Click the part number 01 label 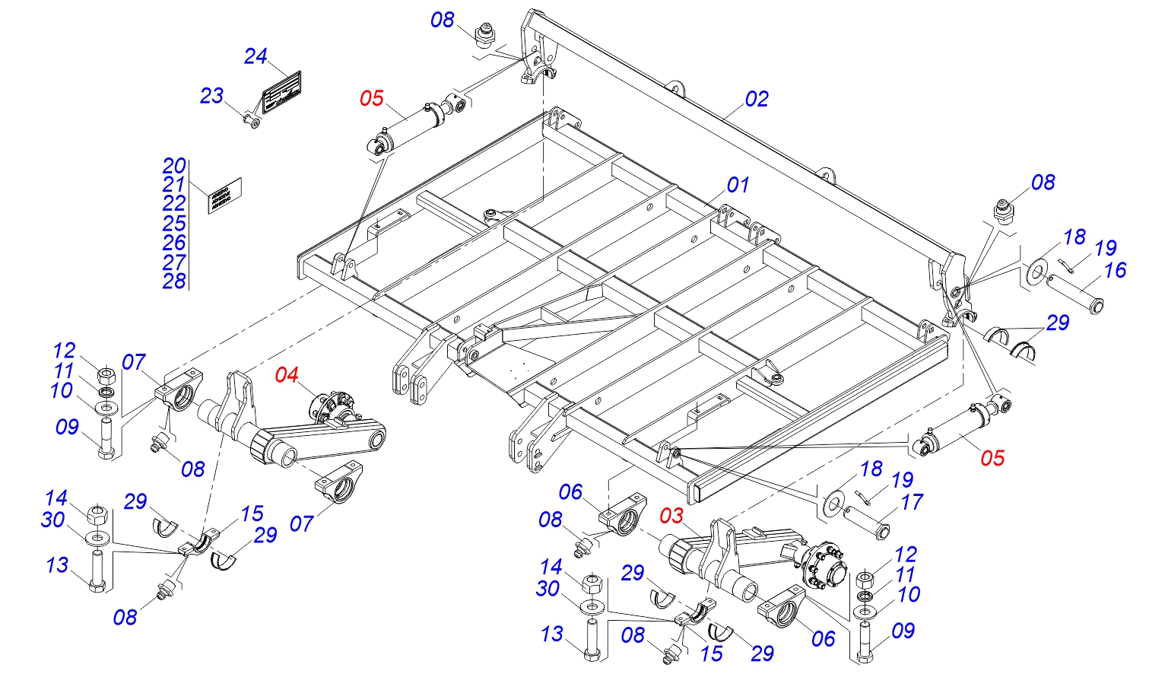(x=738, y=185)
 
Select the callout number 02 (x=757, y=99)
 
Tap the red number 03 (x=671, y=517)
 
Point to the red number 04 (x=287, y=375)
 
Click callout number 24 (x=255, y=56)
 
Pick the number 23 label (x=211, y=96)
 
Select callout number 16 (x=1115, y=270)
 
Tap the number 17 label (x=911, y=502)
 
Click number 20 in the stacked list (x=174, y=166)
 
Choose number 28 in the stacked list (x=174, y=281)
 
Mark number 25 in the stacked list (x=174, y=224)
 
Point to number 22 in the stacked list (x=174, y=204)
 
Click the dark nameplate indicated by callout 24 (x=282, y=93)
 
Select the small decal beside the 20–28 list (x=225, y=196)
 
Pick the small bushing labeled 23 (x=252, y=121)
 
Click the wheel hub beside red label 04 (x=331, y=405)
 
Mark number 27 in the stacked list (x=174, y=262)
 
